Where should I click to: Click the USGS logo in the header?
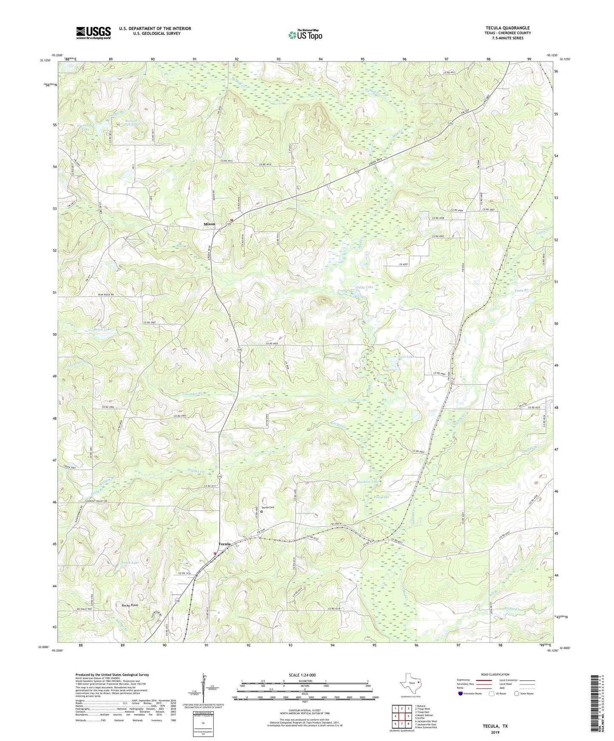[x=93, y=33]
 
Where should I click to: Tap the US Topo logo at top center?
[x=305, y=35]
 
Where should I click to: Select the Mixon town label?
[x=209, y=224]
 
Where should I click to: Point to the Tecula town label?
[x=224, y=544]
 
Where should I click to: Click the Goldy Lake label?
[x=364, y=287]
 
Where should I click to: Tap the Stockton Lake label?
[x=368, y=482]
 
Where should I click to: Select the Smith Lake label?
[x=130, y=563]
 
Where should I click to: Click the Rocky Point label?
[x=130, y=605]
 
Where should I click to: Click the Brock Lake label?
[x=102, y=329]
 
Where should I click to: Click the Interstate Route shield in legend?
[x=461, y=693]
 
